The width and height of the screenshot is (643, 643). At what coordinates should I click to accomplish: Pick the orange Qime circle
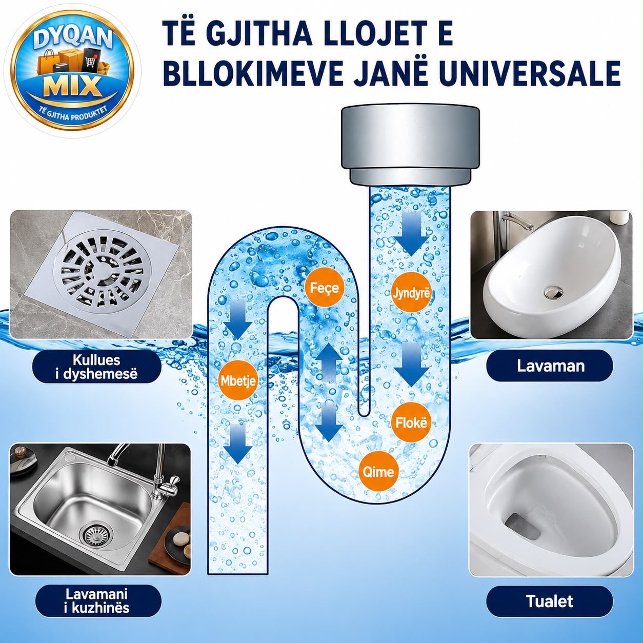pyautogui.click(x=378, y=472)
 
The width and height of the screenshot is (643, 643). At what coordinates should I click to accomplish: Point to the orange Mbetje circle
pyautogui.click(x=237, y=380)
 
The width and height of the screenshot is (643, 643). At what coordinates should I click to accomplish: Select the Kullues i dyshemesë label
pyautogui.click(x=96, y=367)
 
